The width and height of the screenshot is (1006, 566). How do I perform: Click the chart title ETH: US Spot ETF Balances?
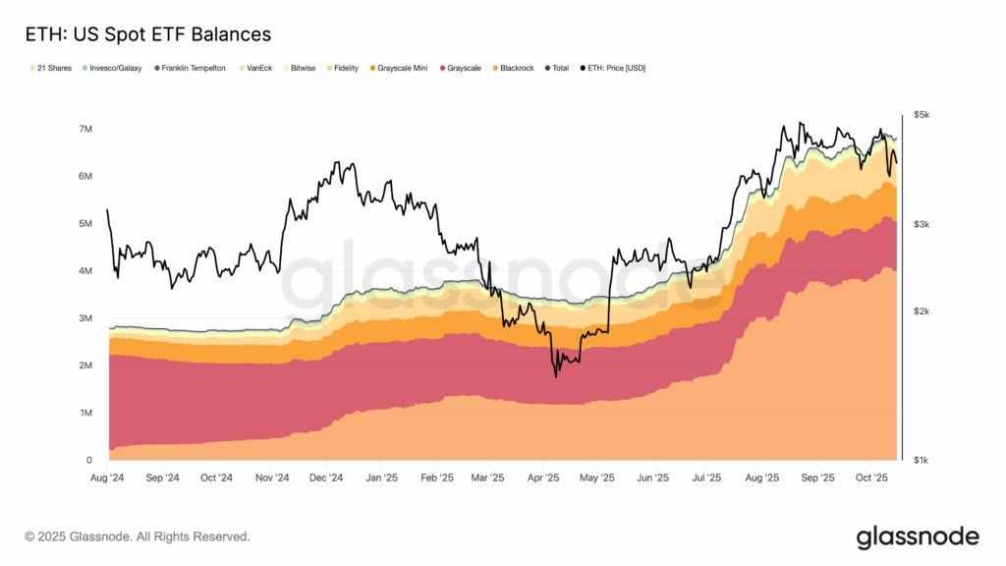tap(147, 34)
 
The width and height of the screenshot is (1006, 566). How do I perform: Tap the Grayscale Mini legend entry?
tap(401, 68)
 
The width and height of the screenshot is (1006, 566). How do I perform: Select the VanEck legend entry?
tap(256, 68)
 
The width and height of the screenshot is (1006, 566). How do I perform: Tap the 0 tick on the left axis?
tap(88, 460)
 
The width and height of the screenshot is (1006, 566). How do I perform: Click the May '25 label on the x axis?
tap(596, 479)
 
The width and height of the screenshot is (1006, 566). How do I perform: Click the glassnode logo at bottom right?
tap(917, 537)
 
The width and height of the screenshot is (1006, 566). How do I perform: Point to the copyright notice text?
tap(138, 537)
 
